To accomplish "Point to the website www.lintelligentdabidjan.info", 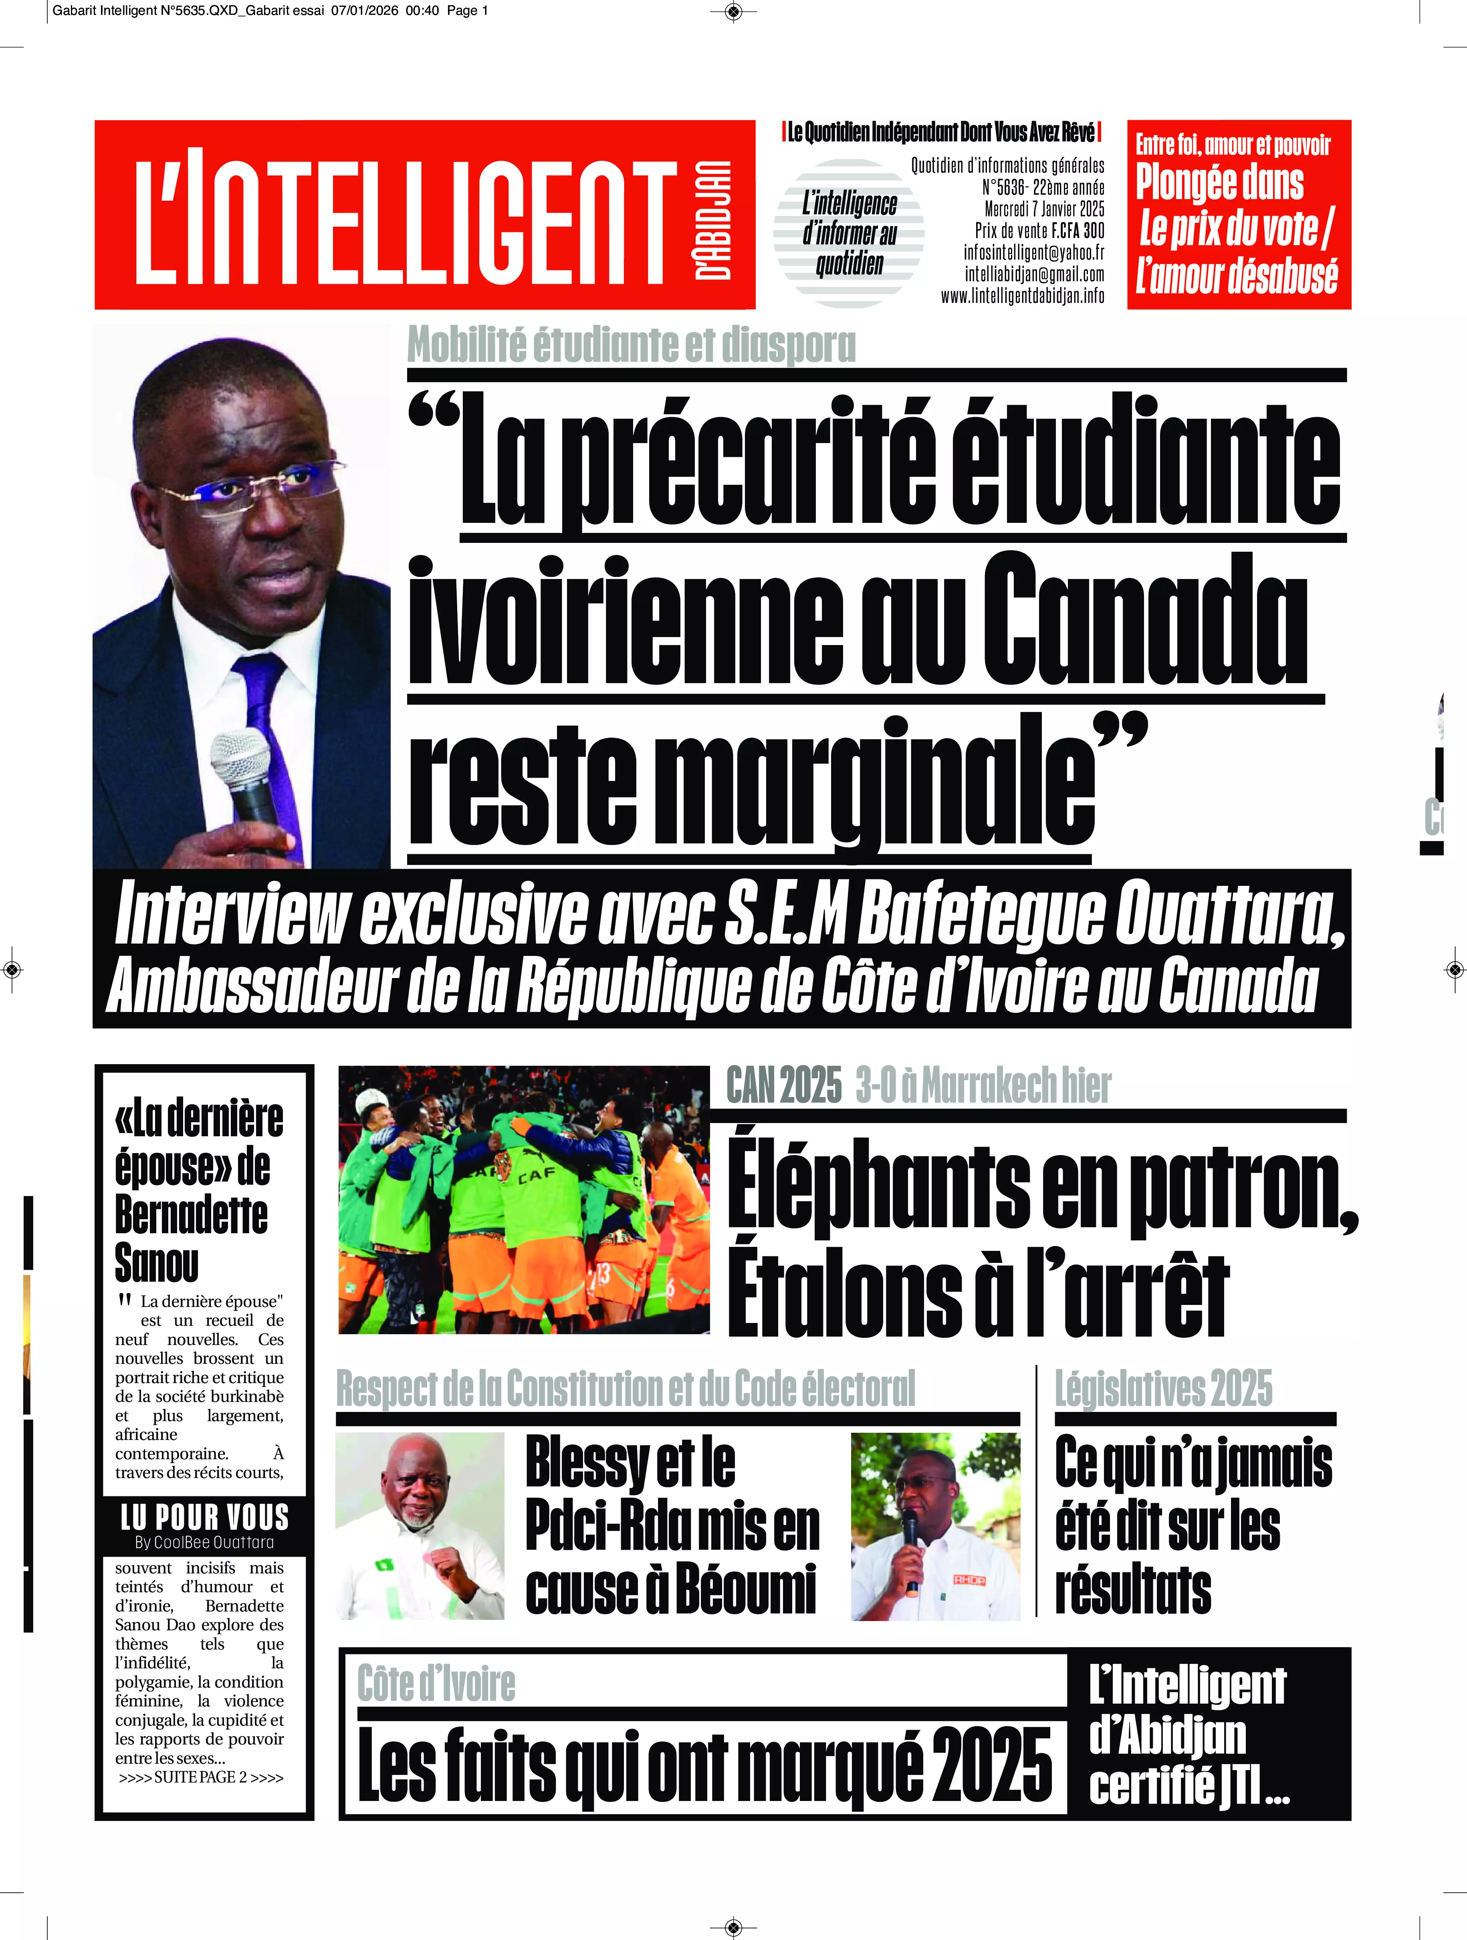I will click(x=1022, y=296).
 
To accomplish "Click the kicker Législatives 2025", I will click(x=1162, y=1388).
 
